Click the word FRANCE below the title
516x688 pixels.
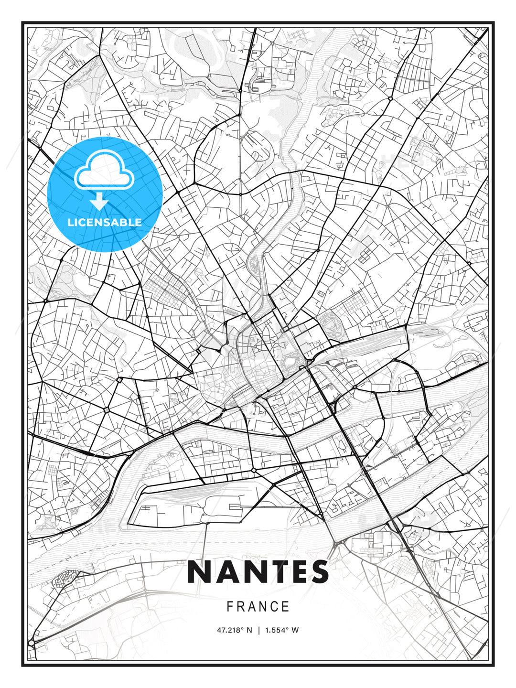(258, 607)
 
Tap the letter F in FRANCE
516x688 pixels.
(230, 607)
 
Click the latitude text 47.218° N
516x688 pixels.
(235, 630)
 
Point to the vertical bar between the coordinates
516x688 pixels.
(258, 630)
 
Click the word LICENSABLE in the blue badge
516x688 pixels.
(105, 222)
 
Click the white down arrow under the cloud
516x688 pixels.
(99, 202)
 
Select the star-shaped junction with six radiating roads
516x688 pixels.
(106, 410)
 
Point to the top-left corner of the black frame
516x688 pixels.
(22, 22)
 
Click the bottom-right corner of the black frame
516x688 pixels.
(494, 665)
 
